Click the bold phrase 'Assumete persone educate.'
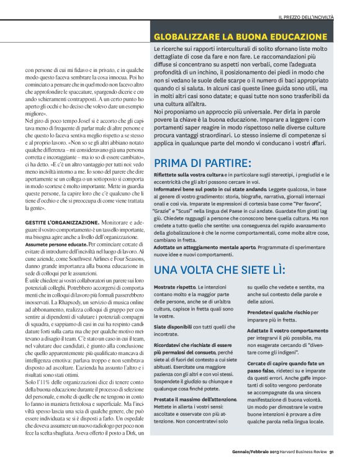coord(52,227)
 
